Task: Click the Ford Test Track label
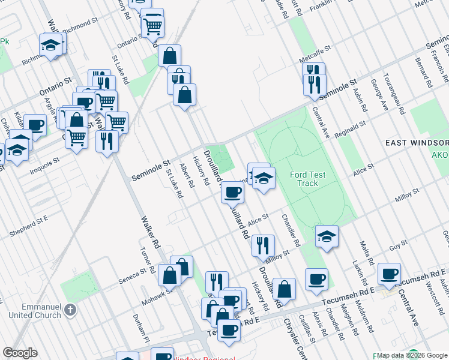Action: click(x=307, y=179)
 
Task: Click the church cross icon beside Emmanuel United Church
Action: click(x=71, y=310)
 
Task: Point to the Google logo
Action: click(x=20, y=353)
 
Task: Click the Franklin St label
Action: click(x=321, y=8)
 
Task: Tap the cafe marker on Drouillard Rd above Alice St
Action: click(x=232, y=192)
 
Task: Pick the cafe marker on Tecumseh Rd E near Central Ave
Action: click(x=389, y=273)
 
